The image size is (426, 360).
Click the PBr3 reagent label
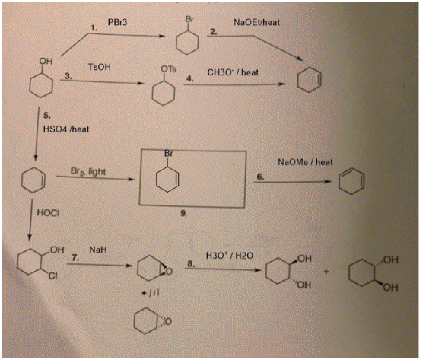coord(117,22)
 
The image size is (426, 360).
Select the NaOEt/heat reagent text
coord(257,22)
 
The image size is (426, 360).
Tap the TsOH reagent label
coord(100,67)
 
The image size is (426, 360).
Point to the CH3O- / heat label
coord(233,72)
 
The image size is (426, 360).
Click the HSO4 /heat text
coord(66,129)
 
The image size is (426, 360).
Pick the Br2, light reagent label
coord(88,171)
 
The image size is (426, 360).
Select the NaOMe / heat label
coord(305,162)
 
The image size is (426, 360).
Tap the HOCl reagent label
coord(48,212)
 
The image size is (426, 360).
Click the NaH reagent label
coord(98,250)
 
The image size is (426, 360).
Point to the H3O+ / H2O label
coord(230,256)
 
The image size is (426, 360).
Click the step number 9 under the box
coord(183,214)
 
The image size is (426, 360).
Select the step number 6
coord(260,177)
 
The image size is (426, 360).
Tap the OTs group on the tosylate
coord(169,69)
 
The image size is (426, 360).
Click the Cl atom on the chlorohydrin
coord(52,276)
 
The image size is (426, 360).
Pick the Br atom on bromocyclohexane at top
coord(189,19)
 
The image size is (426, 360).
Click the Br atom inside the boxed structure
coord(168,153)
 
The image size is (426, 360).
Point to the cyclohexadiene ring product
coord(351,181)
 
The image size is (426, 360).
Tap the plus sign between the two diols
coord(326,272)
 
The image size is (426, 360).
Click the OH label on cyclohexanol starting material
coord(46,61)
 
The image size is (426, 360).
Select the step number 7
coord(75,258)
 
